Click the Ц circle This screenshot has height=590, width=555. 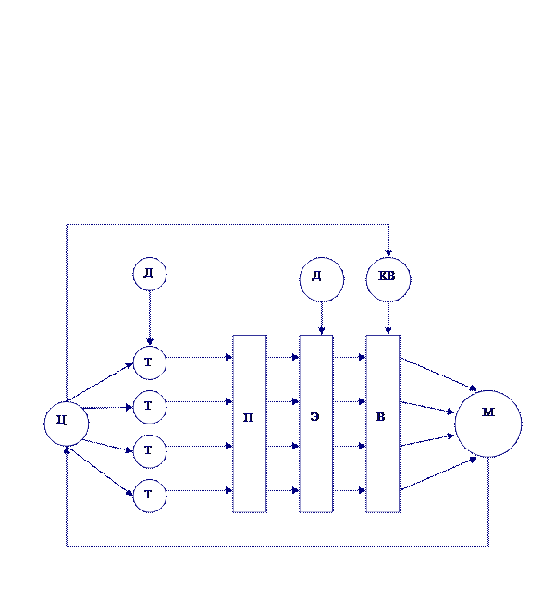point(67,424)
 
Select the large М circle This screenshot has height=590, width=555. point(487,424)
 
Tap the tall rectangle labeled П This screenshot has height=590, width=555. point(249,423)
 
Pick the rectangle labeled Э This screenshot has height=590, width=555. point(315,423)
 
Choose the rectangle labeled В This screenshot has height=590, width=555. point(382,423)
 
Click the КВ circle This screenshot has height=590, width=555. point(388,279)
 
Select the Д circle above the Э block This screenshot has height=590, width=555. point(321,279)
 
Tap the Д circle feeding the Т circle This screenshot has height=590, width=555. point(149,274)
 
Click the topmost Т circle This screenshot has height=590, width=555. point(149,363)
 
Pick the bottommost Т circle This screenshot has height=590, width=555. point(149,496)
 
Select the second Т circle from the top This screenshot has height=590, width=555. point(149,407)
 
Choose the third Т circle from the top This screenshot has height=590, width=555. point(149,451)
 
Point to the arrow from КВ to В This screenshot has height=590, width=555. point(388,318)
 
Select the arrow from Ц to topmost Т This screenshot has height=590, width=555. point(101,382)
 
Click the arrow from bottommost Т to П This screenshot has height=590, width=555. point(199,491)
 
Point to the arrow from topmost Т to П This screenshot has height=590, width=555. point(199,358)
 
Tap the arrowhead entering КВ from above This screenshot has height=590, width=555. point(388,252)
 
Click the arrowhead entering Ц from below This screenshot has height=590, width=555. point(67,451)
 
